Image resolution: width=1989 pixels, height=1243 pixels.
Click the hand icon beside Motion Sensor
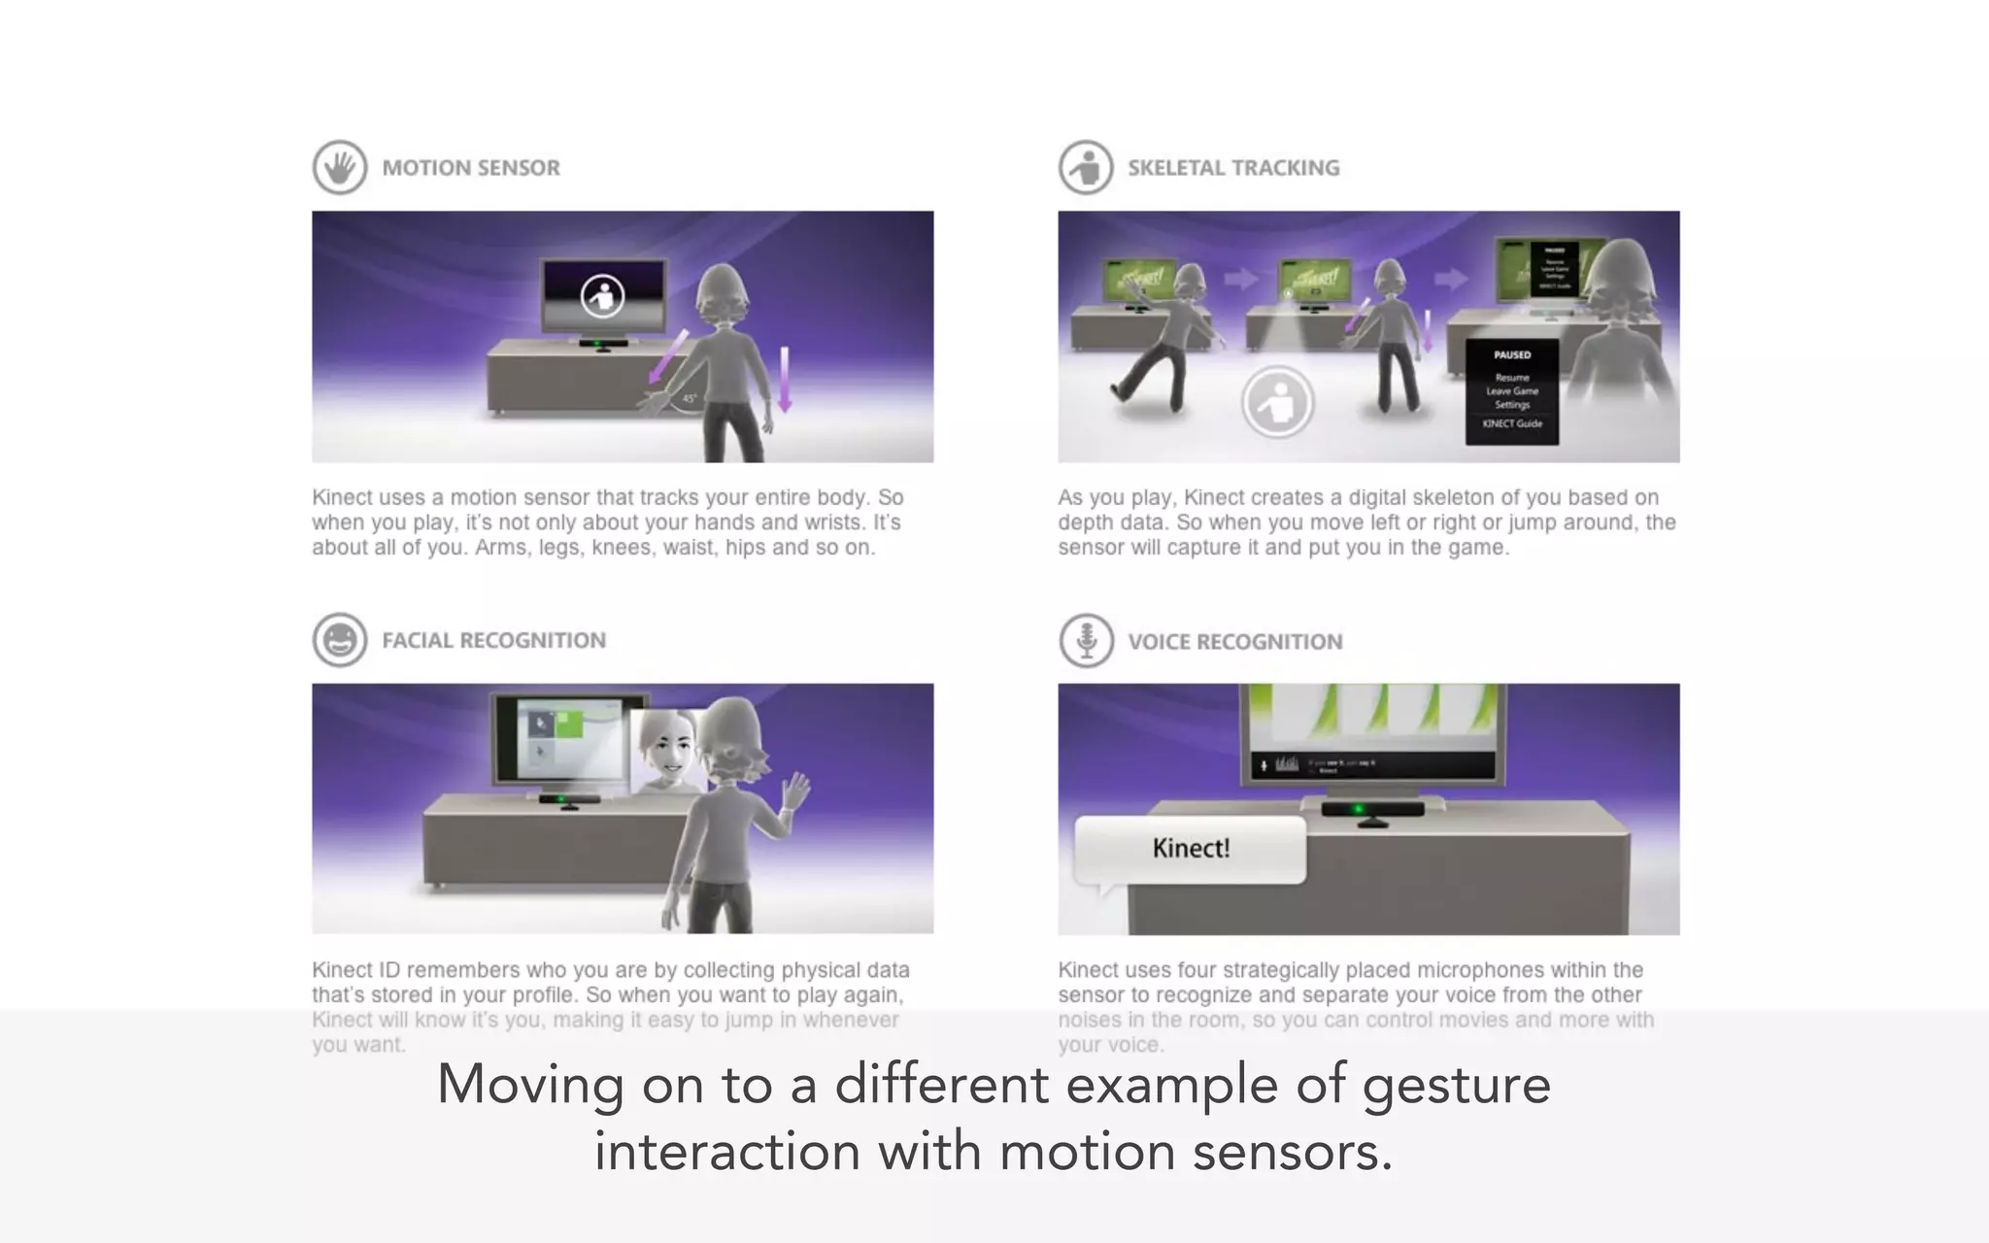pos(340,168)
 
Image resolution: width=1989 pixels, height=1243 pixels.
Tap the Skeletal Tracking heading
pos(1233,168)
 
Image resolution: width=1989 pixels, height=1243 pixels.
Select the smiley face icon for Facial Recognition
pos(340,640)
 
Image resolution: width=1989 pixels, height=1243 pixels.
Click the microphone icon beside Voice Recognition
pos(1086,641)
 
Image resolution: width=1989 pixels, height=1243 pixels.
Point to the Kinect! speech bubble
pos(1191,850)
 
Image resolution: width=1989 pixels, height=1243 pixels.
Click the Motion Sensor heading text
pos(471,168)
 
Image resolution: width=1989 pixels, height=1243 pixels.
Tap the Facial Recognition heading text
pos(493,641)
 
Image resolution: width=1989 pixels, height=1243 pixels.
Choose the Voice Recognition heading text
pos(1235,642)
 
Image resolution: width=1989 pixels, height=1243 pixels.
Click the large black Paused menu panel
pos(1512,391)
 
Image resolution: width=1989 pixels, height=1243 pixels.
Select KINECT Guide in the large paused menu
pos(1512,423)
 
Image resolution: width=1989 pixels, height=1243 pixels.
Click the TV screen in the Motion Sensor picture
pos(603,295)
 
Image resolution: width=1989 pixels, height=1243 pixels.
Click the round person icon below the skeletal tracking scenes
pos(1278,402)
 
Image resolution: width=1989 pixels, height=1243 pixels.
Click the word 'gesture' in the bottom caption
pos(1456,1085)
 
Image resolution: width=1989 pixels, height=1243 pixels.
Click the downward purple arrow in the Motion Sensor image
pos(785,380)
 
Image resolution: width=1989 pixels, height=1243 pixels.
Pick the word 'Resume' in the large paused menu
pos(1512,377)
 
